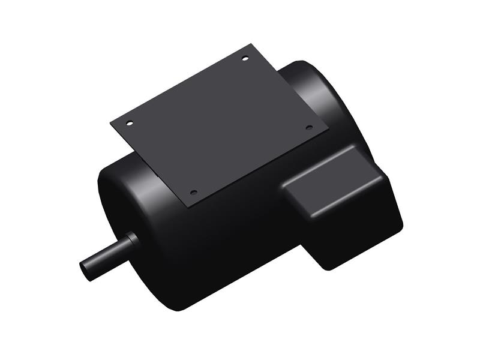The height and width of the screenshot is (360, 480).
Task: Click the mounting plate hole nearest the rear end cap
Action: click(x=245, y=58)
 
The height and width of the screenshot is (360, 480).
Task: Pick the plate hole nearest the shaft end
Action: click(x=193, y=193)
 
